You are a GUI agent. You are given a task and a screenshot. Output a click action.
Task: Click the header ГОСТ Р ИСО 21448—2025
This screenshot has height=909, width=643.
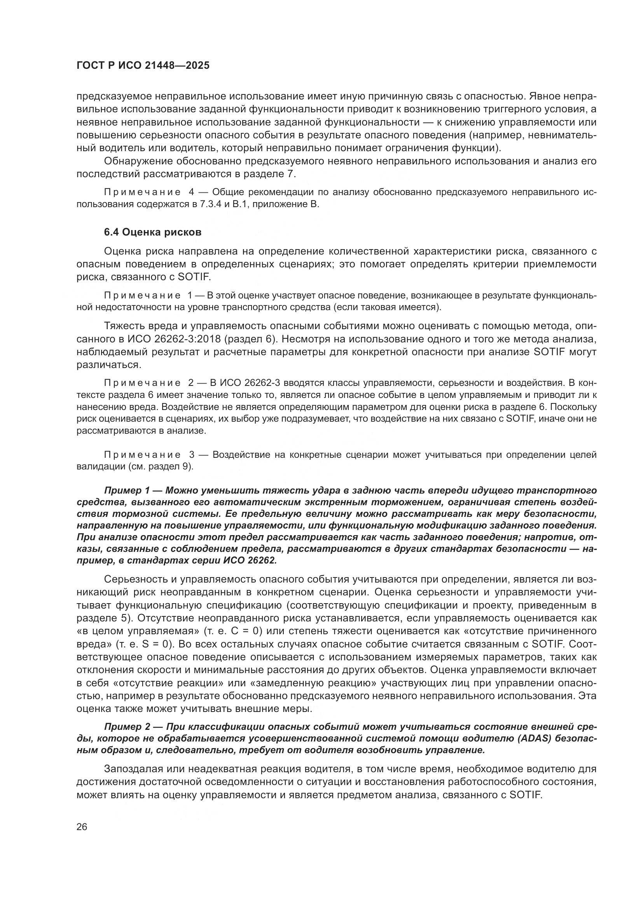click(x=143, y=65)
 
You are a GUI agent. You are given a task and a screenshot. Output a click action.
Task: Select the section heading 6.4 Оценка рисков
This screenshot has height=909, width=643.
click(x=152, y=232)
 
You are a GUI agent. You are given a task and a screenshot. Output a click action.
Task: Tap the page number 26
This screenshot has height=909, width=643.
click(x=82, y=827)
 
